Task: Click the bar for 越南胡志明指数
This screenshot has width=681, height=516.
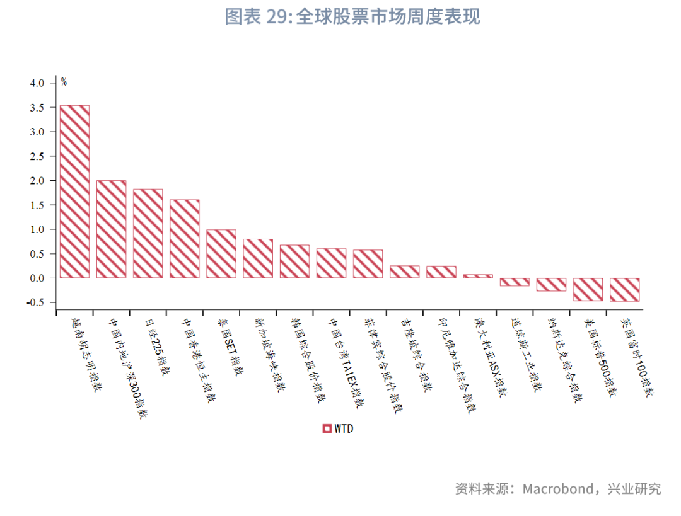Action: pyautogui.click(x=74, y=192)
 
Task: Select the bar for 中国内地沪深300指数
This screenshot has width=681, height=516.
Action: pyautogui.click(x=111, y=229)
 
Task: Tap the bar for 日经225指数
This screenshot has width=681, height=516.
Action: pyautogui.click(x=148, y=234)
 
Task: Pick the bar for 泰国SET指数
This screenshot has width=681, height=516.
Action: pyautogui.click(x=221, y=254)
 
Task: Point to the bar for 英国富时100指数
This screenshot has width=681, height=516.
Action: pyautogui.click(x=624, y=289)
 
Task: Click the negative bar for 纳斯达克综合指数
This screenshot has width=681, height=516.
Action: pyautogui.click(x=551, y=284)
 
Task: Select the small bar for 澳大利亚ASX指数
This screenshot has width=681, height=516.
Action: pyautogui.click(x=478, y=276)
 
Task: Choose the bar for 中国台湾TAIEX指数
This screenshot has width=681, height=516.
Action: pyautogui.click(x=331, y=263)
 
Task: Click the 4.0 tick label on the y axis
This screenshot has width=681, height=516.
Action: pyautogui.click(x=37, y=83)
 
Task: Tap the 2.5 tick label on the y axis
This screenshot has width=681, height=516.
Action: pyautogui.click(x=37, y=156)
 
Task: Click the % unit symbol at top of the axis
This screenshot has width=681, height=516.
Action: pyautogui.click(x=64, y=81)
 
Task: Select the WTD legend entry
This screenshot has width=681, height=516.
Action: pyautogui.click(x=338, y=428)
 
